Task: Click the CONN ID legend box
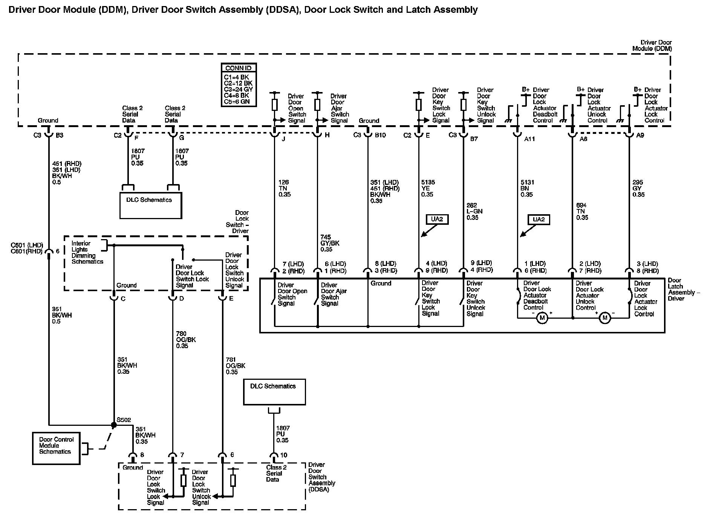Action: [239, 85]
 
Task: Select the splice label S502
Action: [124, 420]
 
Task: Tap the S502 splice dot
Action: [114, 425]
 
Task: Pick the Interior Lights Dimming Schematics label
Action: [87, 253]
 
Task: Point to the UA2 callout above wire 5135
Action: [437, 220]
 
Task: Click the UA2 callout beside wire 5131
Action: [539, 220]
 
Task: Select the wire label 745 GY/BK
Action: [330, 243]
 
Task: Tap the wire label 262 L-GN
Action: [474, 212]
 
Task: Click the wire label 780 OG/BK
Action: [186, 340]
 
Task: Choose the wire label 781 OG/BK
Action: [235, 366]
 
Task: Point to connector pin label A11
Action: [529, 139]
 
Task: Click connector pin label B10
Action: [380, 135]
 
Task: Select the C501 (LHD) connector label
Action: [27, 246]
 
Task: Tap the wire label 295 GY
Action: [638, 188]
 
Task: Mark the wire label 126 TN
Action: [285, 188]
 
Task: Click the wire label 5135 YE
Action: [428, 188]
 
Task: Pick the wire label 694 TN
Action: [582, 212]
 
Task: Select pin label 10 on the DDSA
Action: [283, 456]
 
